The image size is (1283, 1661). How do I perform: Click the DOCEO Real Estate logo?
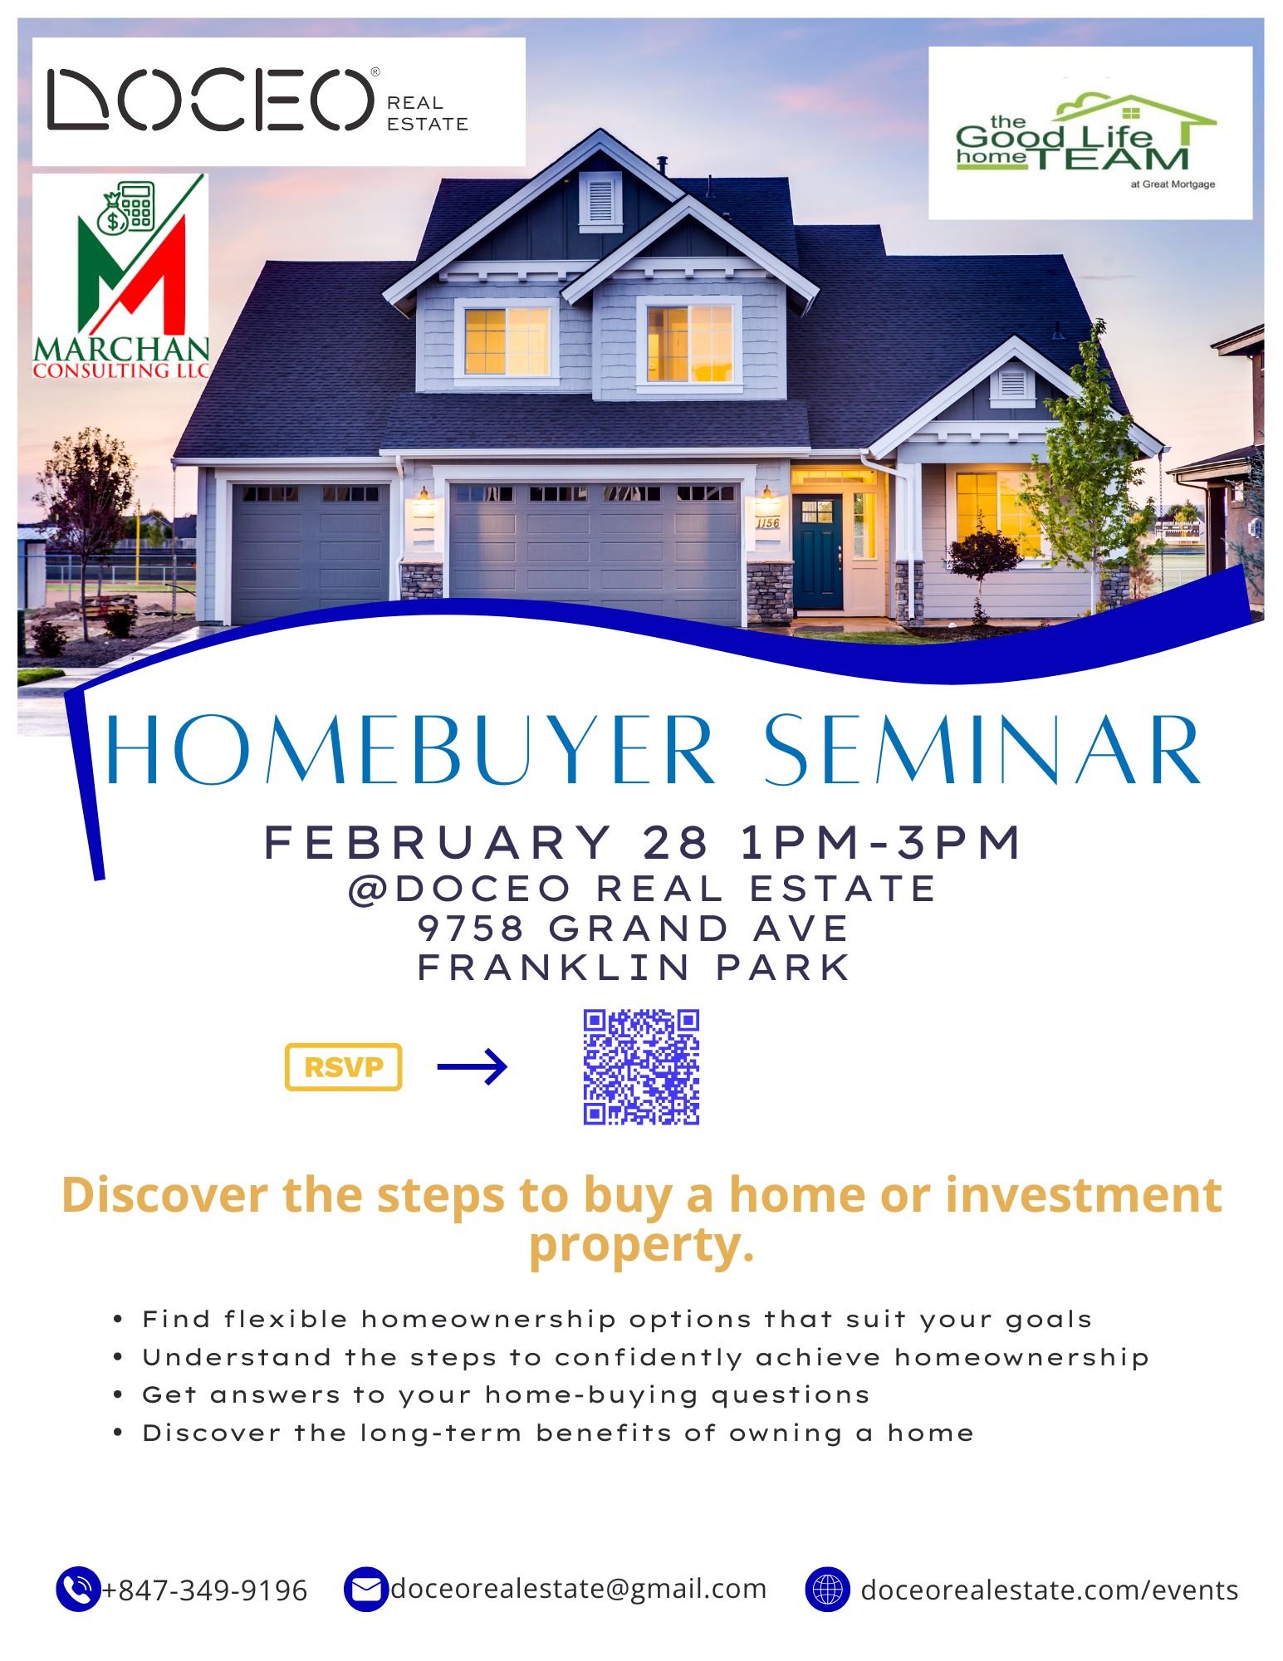(278, 101)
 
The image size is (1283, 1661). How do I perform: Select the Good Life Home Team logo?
(1089, 134)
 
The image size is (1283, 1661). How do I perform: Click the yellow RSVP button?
(343, 1066)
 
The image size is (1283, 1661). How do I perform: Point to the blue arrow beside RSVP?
(472, 1066)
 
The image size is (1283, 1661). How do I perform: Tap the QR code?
(641, 1067)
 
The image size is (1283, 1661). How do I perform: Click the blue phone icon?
(77, 1590)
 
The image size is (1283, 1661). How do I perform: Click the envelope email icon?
(365, 1590)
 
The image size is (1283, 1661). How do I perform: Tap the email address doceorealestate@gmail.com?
(578, 1589)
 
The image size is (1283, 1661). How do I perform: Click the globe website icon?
(827, 1590)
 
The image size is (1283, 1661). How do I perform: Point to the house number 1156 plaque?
(767, 522)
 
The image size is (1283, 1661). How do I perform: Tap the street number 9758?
(471, 928)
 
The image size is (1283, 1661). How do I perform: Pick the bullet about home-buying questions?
(505, 1394)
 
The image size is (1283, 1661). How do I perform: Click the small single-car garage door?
(309, 551)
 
